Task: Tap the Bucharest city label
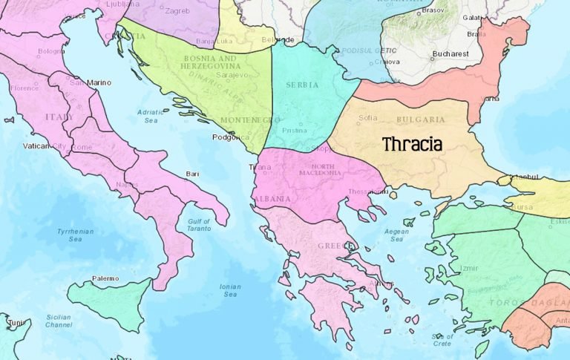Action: point(451,54)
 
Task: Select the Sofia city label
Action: point(368,117)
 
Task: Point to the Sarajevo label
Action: point(231,75)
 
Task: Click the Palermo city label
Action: point(105,278)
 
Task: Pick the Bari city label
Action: point(192,174)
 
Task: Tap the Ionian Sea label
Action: point(230,290)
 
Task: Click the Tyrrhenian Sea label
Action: point(74,235)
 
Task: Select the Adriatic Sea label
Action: point(150,116)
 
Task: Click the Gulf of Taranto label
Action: point(199,226)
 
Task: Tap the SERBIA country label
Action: point(302,85)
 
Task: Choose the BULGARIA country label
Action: point(421,119)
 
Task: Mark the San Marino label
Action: point(90,82)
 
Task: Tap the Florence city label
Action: point(24,88)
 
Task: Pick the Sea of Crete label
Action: point(441,340)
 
